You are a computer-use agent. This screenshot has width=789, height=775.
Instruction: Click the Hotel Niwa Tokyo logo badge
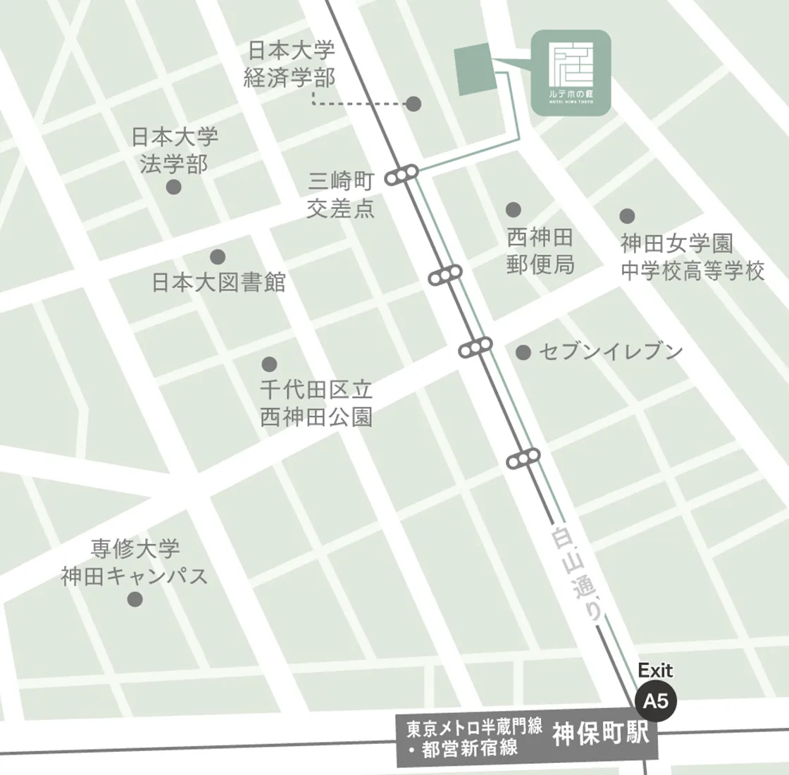[571, 73]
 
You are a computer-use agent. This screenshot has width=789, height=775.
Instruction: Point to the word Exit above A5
[655, 670]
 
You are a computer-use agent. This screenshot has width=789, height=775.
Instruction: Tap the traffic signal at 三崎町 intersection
[402, 176]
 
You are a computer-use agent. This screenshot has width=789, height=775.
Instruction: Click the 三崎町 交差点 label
[341, 195]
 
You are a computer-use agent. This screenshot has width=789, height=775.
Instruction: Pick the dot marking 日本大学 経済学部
[414, 104]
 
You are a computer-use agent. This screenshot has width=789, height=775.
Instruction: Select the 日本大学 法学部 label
[175, 150]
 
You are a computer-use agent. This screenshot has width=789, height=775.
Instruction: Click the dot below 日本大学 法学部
[173, 187]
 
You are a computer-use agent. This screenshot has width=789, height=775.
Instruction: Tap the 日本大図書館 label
[219, 283]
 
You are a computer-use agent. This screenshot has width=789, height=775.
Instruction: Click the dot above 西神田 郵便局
[513, 209]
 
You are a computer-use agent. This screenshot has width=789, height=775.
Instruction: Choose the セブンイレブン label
[611, 352]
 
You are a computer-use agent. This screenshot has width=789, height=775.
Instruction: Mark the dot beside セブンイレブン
[523, 352]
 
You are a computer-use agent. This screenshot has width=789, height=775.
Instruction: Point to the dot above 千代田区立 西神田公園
[269, 364]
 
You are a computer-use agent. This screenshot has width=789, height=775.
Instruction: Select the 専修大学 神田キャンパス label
[135, 562]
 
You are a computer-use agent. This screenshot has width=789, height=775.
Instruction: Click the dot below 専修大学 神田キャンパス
[135, 600]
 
